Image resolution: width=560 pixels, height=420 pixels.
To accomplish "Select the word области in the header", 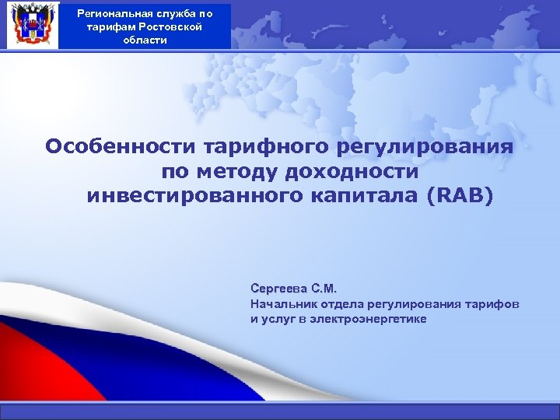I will pyautogui.click(x=145, y=40).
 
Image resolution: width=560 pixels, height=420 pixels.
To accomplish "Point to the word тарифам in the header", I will pyautogui.click(x=113, y=26).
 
